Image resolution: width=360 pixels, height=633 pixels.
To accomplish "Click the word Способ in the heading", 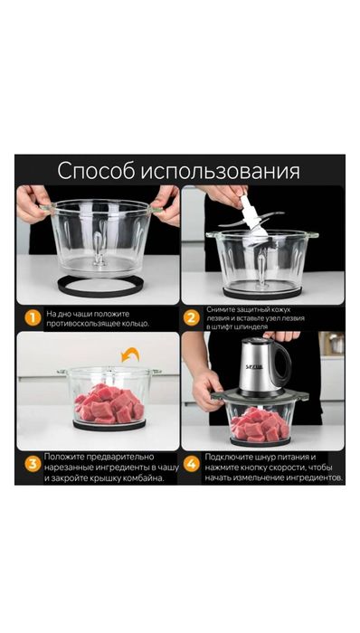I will (97, 171).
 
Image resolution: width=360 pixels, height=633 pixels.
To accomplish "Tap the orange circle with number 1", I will (32, 317).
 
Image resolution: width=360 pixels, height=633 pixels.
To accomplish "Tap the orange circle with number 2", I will (192, 317).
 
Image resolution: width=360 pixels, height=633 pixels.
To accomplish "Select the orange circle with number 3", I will (32, 465).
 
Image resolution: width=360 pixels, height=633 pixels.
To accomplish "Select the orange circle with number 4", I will (192, 465).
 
